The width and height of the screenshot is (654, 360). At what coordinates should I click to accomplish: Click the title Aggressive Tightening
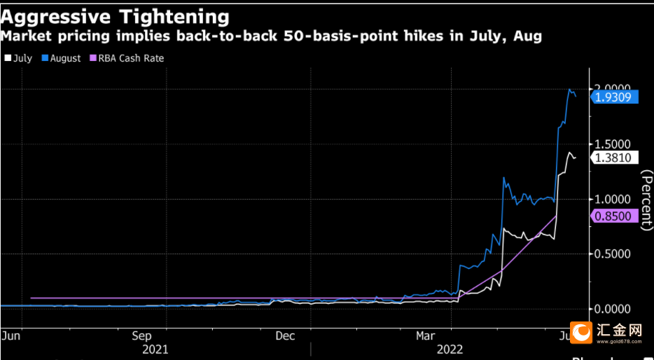pyautogui.click(x=115, y=16)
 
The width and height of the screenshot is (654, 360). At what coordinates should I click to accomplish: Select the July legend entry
pyautogui.click(x=19, y=58)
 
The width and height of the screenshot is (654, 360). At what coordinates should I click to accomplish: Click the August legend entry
pyautogui.click(x=61, y=58)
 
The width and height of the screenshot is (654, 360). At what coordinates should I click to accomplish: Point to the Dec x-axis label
pyautogui.click(x=285, y=335)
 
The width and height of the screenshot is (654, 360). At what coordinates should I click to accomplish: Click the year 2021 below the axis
pyautogui.click(x=155, y=348)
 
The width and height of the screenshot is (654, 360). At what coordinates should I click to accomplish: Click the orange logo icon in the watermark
pyautogui.click(x=580, y=333)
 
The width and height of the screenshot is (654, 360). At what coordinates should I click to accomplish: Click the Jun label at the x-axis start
pyautogui.click(x=11, y=335)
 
